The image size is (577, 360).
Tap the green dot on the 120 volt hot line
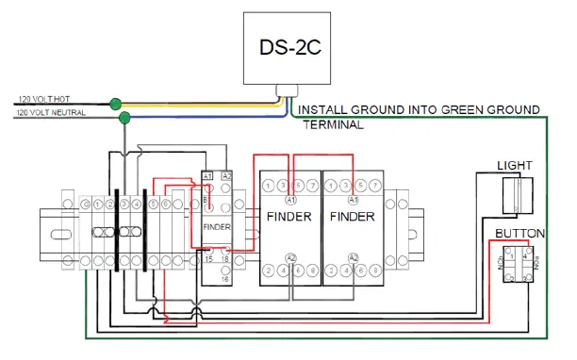click(x=115, y=103)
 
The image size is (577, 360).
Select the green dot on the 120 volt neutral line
click(x=124, y=117)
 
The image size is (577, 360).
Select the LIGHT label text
click(x=515, y=166)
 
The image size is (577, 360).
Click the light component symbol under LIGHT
click(x=516, y=197)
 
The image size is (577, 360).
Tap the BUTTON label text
click(x=517, y=232)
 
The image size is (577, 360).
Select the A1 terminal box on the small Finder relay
click(x=207, y=175)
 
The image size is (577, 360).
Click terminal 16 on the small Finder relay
click(x=225, y=280)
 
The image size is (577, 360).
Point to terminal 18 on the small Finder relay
click(x=225, y=257)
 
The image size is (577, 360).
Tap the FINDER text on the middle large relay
click(x=288, y=216)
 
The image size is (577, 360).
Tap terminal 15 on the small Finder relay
click(x=207, y=257)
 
